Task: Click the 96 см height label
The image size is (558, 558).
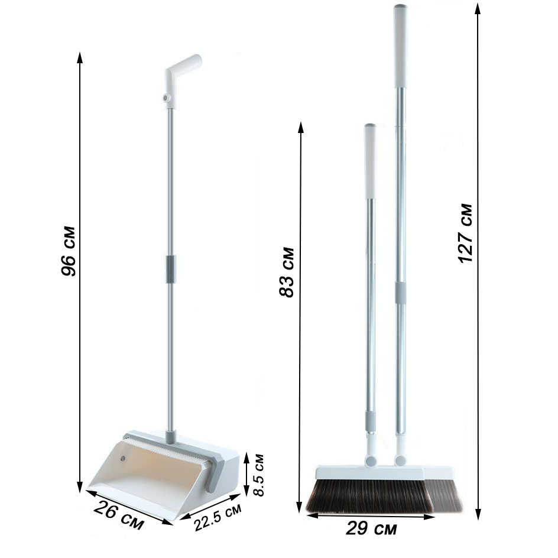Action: (x=68, y=251)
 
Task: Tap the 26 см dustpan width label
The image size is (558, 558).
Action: (x=119, y=515)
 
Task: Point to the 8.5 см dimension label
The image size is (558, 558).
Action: (x=258, y=475)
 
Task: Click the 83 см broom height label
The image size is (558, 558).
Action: (x=287, y=272)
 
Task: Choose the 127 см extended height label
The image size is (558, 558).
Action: (x=465, y=233)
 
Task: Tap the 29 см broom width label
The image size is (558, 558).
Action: (x=371, y=528)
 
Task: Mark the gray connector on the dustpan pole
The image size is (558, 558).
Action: (x=171, y=269)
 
